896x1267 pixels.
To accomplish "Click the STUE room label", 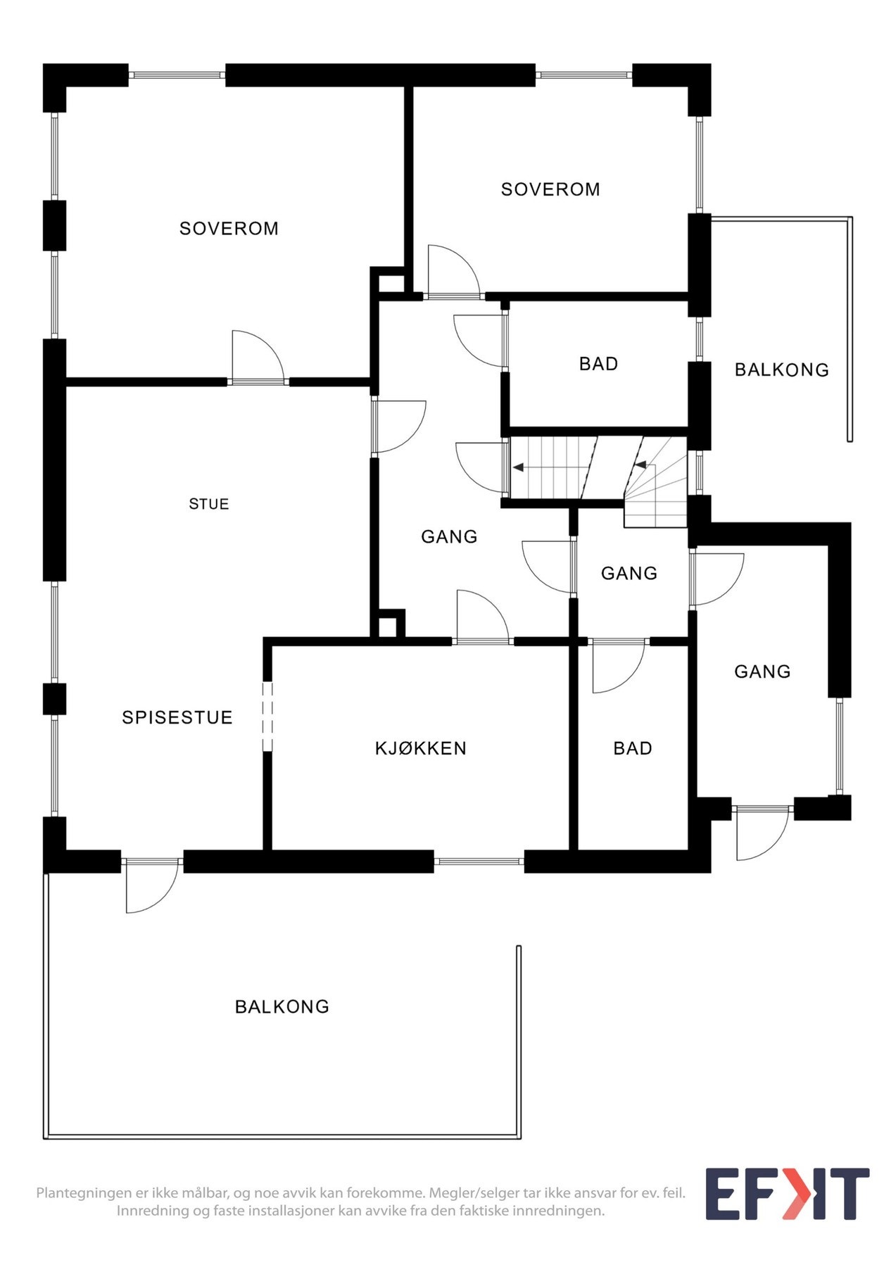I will [208, 504].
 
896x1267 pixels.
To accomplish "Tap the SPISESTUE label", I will [177, 717].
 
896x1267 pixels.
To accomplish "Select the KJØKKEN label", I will [420, 748].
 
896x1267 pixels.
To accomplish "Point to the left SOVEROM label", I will [229, 228].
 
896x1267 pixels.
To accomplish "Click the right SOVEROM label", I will [550, 189].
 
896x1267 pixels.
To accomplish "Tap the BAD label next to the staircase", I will [598, 364].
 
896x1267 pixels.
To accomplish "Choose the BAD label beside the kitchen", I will [633, 748].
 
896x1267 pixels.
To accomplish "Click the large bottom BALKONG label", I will [282, 1007].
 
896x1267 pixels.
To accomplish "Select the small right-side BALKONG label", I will [781, 370].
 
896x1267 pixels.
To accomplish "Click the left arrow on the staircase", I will [519, 467].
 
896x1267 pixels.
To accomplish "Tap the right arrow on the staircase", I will [641, 465].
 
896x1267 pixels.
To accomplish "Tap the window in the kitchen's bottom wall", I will [479, 861].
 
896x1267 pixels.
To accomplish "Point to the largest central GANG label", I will [449, 537].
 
